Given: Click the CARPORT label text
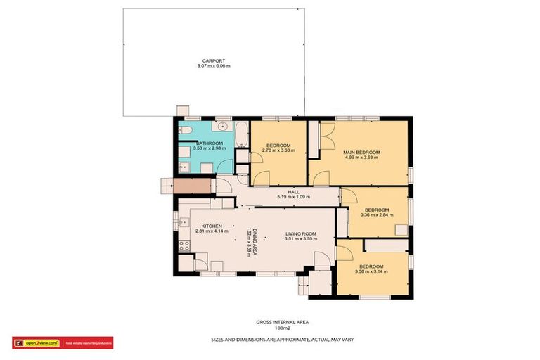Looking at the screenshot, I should [213, 61].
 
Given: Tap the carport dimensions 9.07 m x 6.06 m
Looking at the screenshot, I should [213, 66].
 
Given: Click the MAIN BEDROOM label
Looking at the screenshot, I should [361, 153].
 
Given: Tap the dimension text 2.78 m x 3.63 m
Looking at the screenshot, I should [278, 150].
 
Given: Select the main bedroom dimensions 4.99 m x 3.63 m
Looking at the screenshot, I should [361, 157].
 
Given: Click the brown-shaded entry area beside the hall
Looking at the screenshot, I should [192, 186].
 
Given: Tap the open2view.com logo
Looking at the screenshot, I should [39, 343].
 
